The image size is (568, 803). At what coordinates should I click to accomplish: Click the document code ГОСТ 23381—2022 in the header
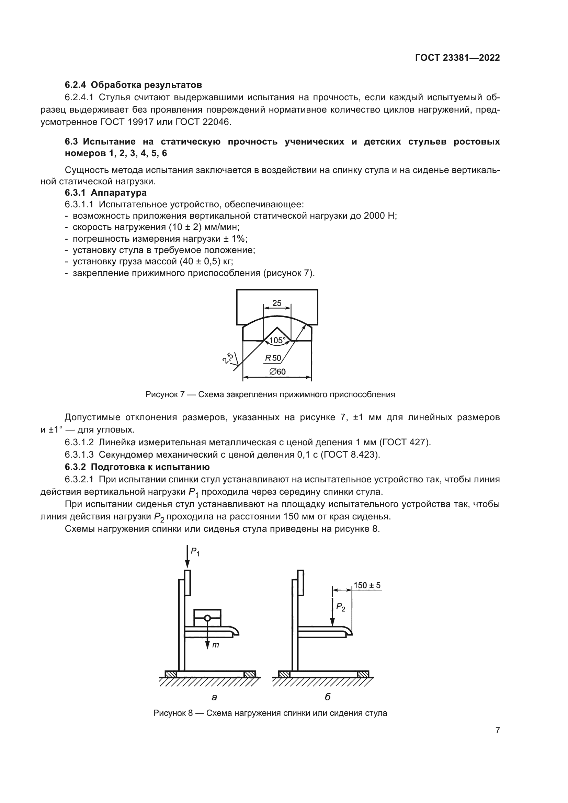pos(457,58)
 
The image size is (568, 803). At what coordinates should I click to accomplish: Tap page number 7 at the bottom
pos(497,730)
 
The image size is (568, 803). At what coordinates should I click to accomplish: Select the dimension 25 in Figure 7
pos(277,303)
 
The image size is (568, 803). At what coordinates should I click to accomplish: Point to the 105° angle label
pos(277,340)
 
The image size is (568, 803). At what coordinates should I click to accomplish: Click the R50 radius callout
pos(273,358)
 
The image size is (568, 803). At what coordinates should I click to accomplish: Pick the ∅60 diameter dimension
pos(277,371)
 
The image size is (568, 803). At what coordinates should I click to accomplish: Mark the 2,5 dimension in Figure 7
pos(228,358)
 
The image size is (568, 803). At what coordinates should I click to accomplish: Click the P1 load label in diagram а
pos(195,552)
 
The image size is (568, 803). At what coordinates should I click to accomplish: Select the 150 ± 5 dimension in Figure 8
pos(366,585)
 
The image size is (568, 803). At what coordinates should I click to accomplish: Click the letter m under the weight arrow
pos(216,645)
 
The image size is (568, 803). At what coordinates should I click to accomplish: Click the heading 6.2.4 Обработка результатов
pos(133,85)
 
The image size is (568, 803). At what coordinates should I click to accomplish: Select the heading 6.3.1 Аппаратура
pos(106,193)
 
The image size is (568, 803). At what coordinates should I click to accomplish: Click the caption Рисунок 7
pos(270,394)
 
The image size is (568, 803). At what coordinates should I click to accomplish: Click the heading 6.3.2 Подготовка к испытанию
pos(137,467)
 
